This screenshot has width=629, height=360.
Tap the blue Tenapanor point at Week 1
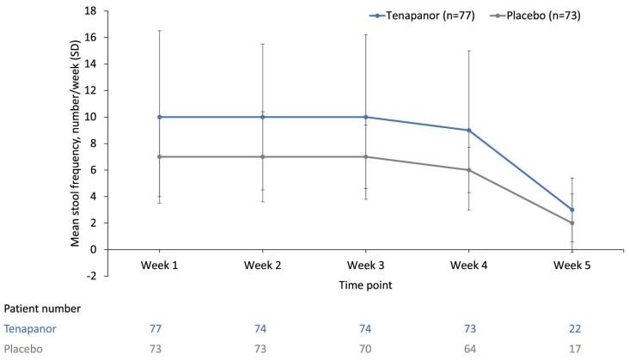(160, 117)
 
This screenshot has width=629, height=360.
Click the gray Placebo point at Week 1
(160, 156)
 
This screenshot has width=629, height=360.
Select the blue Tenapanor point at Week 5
(571, 210)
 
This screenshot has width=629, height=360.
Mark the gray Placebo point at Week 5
(571, 223)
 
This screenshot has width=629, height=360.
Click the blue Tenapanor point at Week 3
(366, 117)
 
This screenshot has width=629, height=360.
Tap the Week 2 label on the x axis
(263, 264)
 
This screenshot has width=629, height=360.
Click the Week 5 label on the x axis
(571, 264)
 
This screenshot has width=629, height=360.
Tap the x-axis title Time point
(365, 281)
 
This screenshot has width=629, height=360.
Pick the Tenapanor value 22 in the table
(571, 328)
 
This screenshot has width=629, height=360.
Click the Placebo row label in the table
(23, 349)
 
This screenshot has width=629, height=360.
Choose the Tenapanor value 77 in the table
(160, 328)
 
